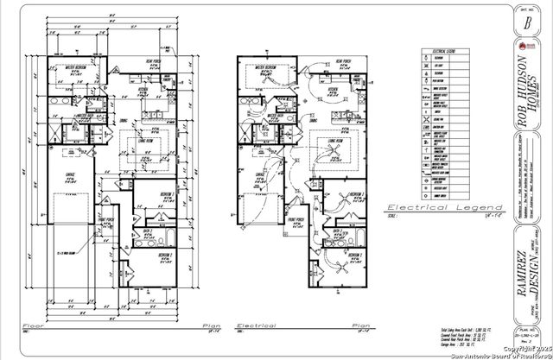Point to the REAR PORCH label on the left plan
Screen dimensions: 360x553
click(x=150, y=60)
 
